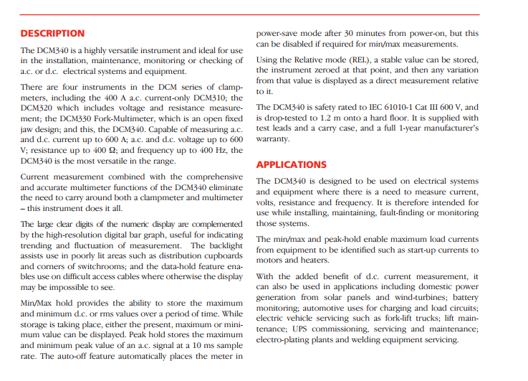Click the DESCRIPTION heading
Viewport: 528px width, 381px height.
coord(52,33)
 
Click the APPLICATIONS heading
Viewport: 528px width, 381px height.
coord(292,164)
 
